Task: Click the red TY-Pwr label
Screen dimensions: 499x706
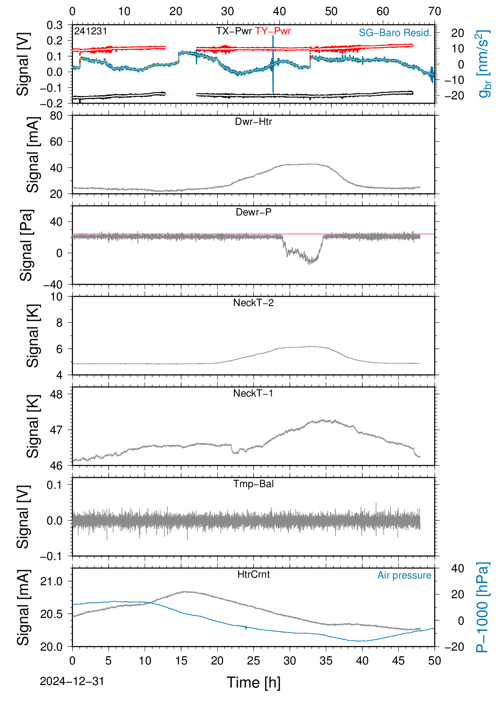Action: point(273,31)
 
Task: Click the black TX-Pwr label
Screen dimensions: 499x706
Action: point(234,31)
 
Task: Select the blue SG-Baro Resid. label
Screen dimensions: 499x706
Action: point(395,33)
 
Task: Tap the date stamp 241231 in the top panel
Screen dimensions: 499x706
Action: point(91,31)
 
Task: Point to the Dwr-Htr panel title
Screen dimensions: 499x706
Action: point(253,122)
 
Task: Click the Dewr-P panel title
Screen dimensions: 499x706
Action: point(253,212)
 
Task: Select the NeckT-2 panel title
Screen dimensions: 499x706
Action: point(253,303)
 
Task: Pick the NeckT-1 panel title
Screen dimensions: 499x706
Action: point(253,393)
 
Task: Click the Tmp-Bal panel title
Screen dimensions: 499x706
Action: point(253,484)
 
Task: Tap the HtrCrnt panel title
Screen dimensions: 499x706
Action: point(253,574)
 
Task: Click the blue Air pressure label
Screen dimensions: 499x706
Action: point(404,576)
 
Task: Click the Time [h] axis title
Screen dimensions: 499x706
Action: point(253,683)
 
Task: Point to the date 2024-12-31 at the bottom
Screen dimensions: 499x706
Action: point(72,681)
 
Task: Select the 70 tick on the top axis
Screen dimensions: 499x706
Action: point(434,11)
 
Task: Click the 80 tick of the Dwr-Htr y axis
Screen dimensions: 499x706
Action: point(56,116)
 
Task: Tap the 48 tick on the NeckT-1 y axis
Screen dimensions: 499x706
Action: point(56,394)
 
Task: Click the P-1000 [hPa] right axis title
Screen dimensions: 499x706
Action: point(482,607)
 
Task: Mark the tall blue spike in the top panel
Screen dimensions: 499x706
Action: point(273,64)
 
